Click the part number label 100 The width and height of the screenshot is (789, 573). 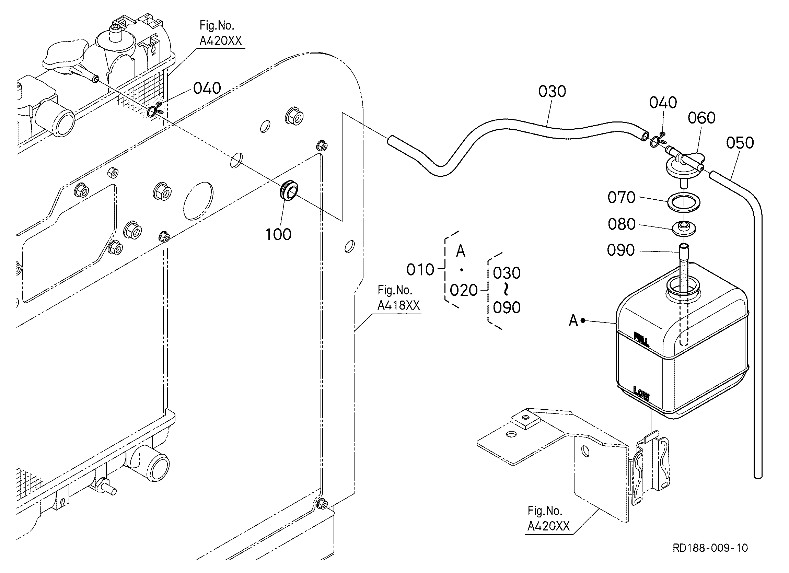tap(278, 234)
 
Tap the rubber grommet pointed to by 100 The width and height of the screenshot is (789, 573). tap(289, 191)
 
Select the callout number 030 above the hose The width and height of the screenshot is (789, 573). tap(552, 92)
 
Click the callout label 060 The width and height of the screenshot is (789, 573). tap(702, 118)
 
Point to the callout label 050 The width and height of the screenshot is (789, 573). tap(740, 143)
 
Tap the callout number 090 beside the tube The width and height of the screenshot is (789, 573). tap(620, 250)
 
